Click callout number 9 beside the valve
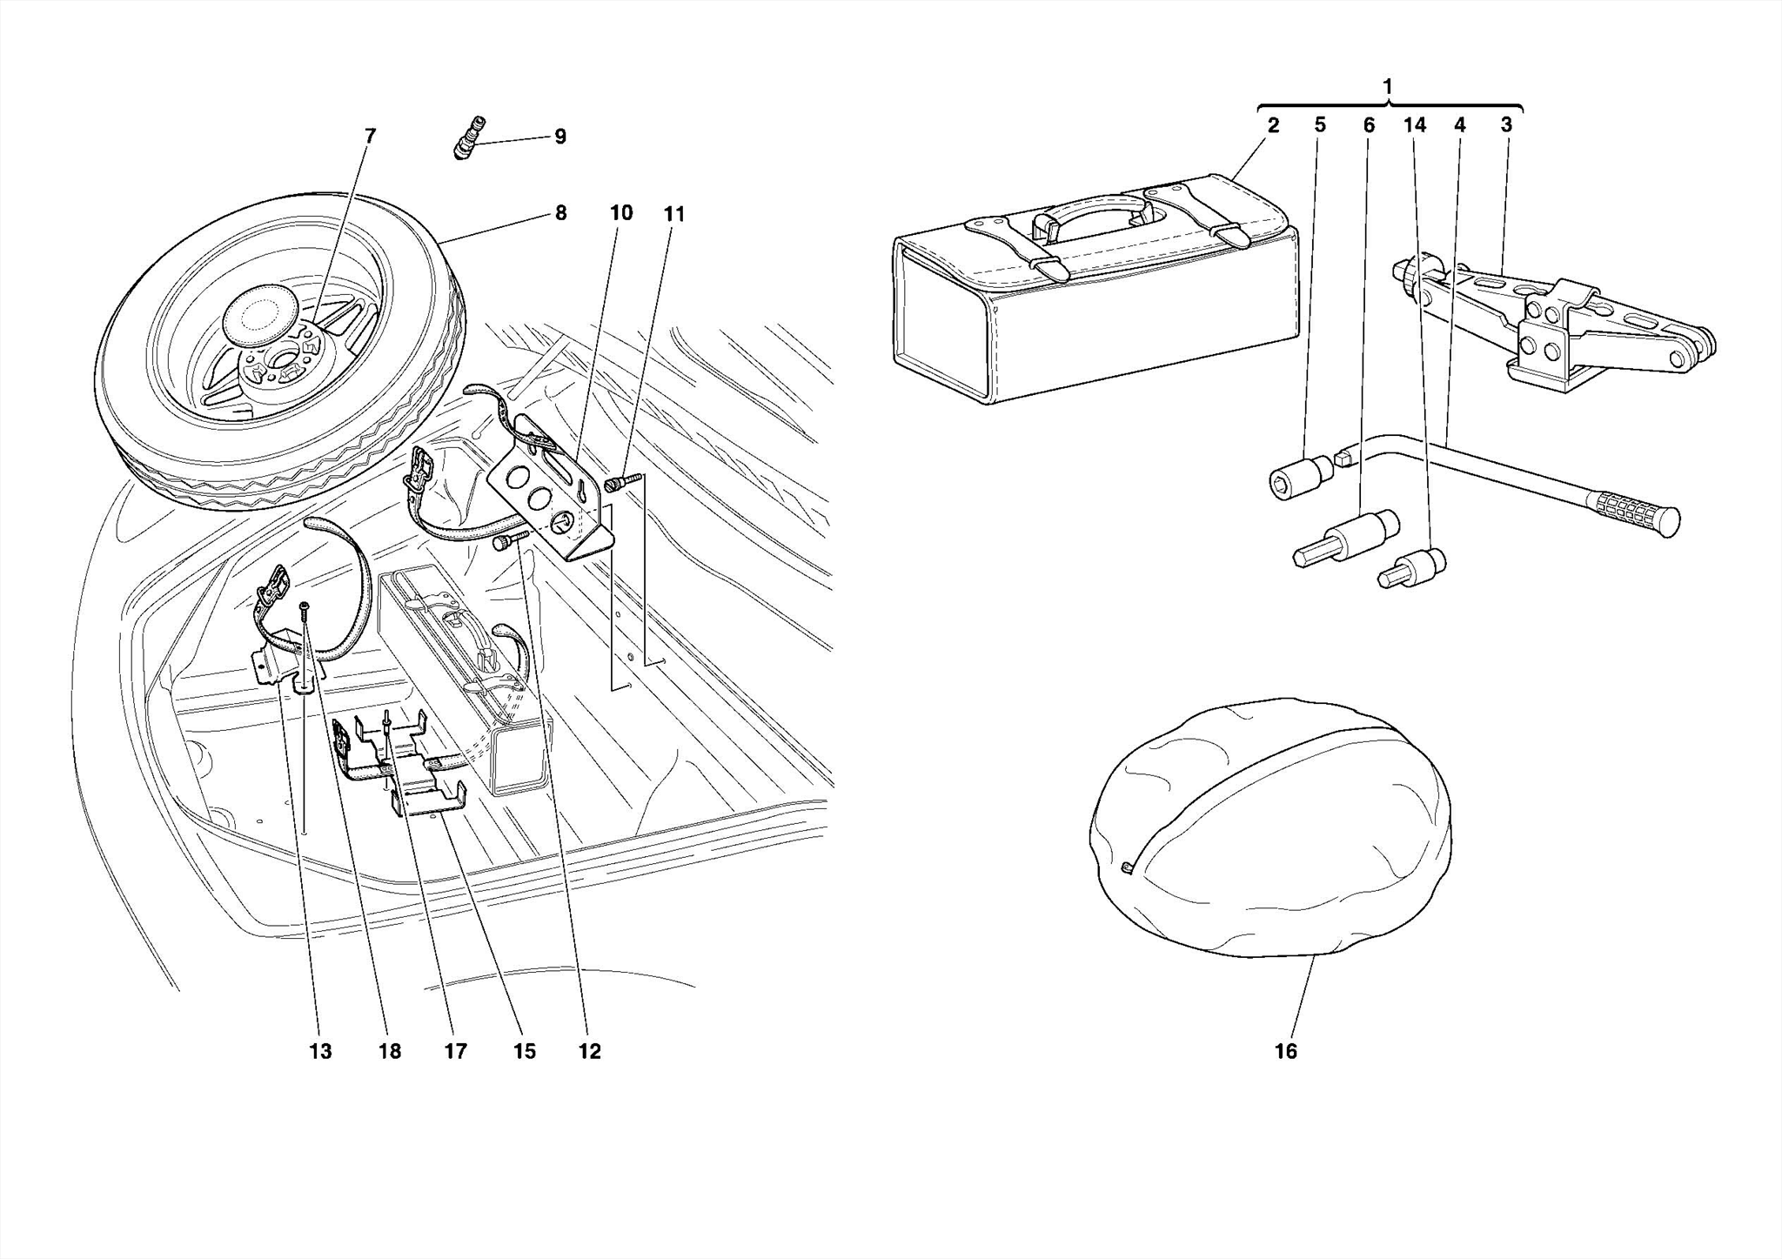[x=559, y=137]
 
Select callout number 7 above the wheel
[x=371, y=136]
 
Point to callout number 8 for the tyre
[x=560, y=212]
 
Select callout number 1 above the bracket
[x=1387, y=86]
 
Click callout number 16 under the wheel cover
[x=1285, y=1051]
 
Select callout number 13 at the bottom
[x=320, y=1051]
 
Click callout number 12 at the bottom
[x=589, y=1051]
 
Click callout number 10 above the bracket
[x=620, y=212]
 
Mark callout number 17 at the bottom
[x=455, y=1051]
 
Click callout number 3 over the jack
[x=1506, y=124]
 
